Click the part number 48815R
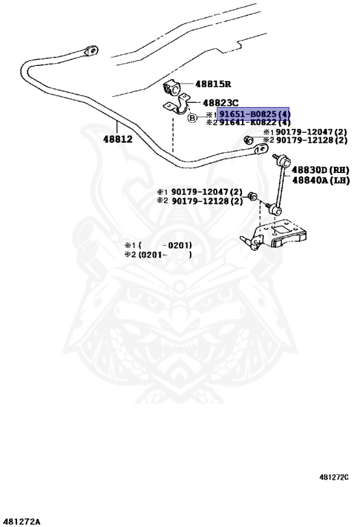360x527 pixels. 213,84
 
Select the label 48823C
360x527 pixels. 220,103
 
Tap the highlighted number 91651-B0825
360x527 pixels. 248,115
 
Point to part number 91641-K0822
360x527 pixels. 248,122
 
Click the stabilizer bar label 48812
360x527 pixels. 117,139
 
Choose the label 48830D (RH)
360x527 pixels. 320,169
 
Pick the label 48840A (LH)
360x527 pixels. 321,180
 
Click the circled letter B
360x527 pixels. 192,118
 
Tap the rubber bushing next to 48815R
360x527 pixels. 172,88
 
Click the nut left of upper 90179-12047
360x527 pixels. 248,139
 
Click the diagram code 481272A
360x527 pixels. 20,522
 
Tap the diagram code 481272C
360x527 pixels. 334,477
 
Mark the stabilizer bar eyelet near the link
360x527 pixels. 261,148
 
